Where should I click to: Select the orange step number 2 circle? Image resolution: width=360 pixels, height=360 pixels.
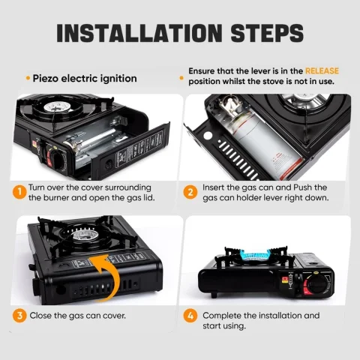click(191, 192)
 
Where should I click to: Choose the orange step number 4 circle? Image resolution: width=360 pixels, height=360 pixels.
click(191, 316)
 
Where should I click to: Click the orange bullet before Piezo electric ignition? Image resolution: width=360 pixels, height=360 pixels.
click(28, 78)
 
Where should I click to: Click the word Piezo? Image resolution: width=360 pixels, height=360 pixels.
click(46, 78)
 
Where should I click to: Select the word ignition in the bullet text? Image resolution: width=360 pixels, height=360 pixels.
click(118, 78)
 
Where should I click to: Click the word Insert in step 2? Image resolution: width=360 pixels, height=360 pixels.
click(214, 187)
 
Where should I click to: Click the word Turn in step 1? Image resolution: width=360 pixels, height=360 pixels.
click(39, 187)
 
